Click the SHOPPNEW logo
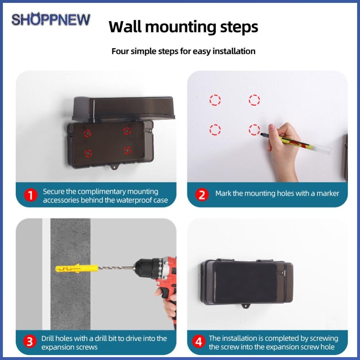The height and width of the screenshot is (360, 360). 51,19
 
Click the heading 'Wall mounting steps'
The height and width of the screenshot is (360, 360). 183,27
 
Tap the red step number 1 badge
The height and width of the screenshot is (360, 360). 31,195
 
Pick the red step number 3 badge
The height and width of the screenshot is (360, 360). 30,341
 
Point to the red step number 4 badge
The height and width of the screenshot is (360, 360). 199,341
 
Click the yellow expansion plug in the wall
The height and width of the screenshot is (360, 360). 76,268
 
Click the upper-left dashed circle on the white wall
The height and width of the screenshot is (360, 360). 215,100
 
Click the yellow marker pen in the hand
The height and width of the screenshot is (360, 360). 296,143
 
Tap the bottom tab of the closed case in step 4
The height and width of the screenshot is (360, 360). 246,306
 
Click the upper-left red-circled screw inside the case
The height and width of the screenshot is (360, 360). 87,133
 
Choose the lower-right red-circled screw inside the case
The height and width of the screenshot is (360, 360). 127,150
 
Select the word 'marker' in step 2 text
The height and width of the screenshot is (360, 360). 328,193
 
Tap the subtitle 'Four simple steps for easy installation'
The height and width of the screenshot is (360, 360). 183,51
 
